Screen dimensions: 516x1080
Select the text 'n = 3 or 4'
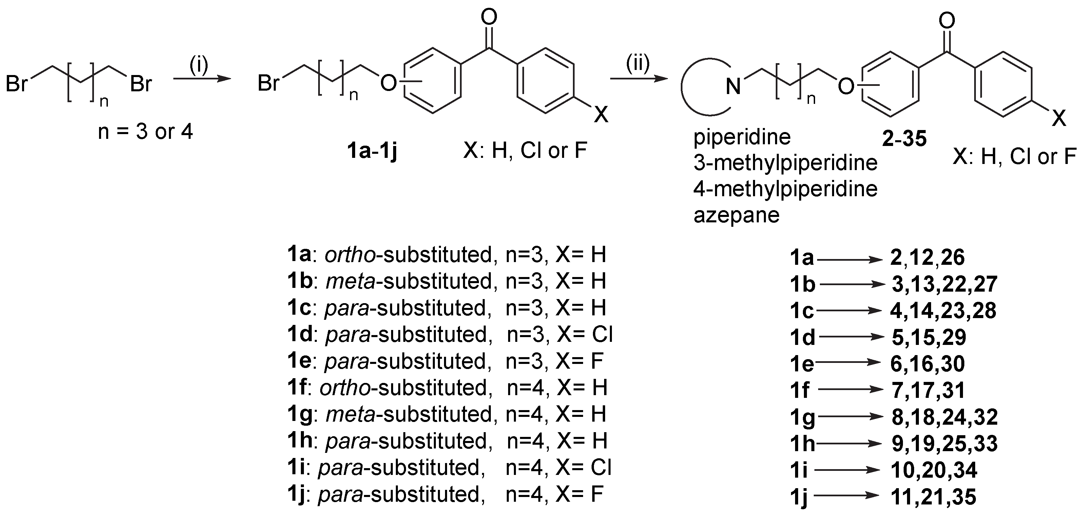(145, 132)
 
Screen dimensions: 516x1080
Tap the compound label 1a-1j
(372, 151)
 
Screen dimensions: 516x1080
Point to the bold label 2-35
(904, 139)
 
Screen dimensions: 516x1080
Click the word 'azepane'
(736, 216)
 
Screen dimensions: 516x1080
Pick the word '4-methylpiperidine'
(785, 189)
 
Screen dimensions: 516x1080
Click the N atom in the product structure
(733, 87)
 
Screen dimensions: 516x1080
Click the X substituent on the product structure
(1059, 119)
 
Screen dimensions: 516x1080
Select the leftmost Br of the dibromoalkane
(17, 84)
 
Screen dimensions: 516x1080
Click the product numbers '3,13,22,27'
(944, 284)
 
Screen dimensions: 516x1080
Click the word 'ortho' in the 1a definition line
(350, 255)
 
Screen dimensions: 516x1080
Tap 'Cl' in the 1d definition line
(602, 334)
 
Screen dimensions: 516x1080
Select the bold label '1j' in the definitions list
(296, 494)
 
